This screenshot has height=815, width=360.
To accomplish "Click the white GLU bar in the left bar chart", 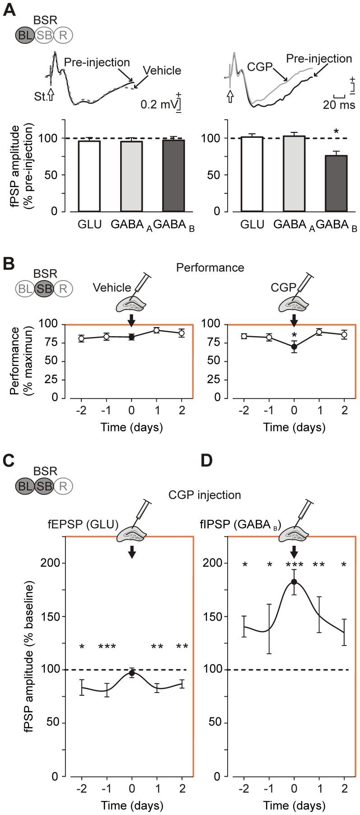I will [x=89, y=176].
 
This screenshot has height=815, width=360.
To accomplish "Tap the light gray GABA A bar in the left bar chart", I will [x=131, y=176].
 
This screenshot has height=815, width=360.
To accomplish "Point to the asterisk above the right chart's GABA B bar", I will [x=336, y=132].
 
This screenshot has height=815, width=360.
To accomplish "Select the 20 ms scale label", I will [x=338, y=105].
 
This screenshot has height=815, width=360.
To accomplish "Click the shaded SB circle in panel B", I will [x=44, y=287].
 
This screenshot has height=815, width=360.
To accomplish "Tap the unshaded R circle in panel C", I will [x=63, y=486].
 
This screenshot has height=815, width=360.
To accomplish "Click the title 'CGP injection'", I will [x=204, y=495].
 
